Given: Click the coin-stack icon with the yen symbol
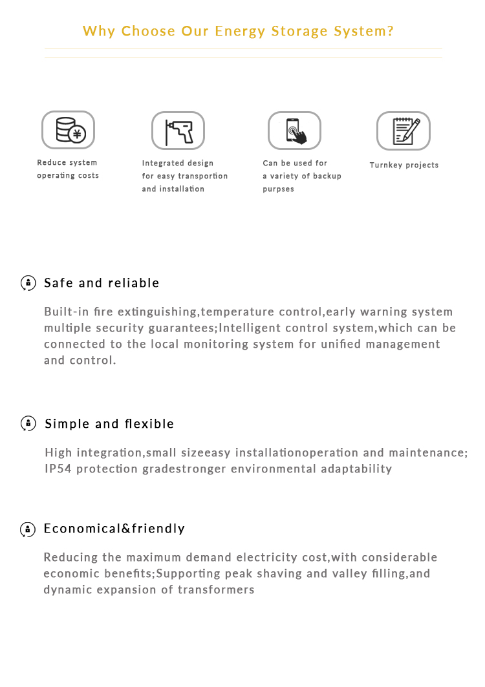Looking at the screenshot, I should (x=69, y=130).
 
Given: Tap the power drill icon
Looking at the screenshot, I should (x=178, y=131).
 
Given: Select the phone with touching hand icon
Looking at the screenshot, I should (x=295, y=131).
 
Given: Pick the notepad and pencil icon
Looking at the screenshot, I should (x=404, y=131).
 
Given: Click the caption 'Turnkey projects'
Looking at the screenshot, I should (x=404, y=165).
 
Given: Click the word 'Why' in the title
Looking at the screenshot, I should (x=99, y=31).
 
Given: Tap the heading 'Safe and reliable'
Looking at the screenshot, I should (x=102, y=283).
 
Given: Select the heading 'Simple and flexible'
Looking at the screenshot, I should (x=109, y=424).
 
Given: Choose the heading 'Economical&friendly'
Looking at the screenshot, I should (x=114, y=529).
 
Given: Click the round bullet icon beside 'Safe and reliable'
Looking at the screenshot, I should (x=28, y=283).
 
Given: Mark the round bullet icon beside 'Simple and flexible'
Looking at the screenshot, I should (x=28, y=424).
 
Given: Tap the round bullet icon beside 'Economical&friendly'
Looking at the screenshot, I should (x=28, y=529).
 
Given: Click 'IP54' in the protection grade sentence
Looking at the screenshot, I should (x=58, y=469).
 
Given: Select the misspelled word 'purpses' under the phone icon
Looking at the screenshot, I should (x=278, y=189).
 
